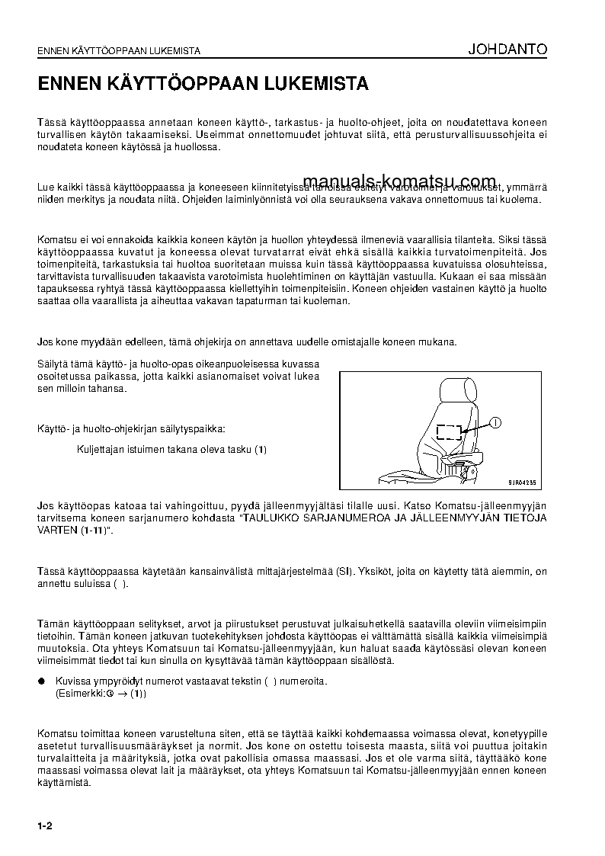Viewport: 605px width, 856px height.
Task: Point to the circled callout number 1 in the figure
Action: (x=495, y=422)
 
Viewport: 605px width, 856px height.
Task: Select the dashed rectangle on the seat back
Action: (x=450, y=432)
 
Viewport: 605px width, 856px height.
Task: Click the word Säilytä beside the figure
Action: (x=53, y=364)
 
